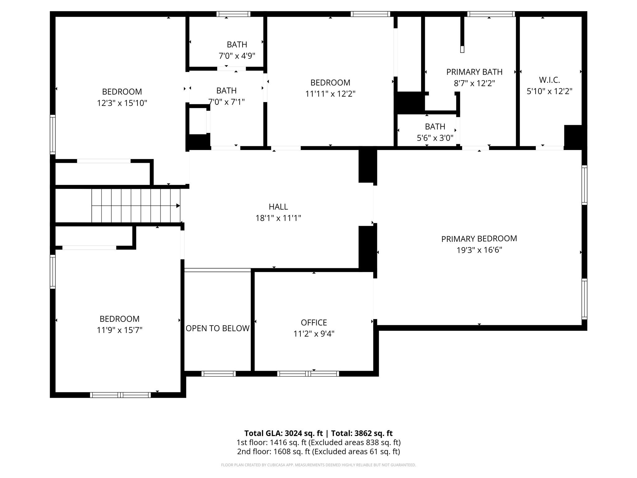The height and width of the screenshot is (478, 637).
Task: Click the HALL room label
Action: pyautogui.click(x=278, y=207)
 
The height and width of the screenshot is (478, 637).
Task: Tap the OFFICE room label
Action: pyautogui.click(x=314, y=322)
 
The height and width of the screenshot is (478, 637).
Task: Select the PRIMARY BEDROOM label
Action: pyautogui.click(x=479, y=239)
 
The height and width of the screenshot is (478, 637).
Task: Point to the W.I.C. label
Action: pyautogui.click(x=550, y=80)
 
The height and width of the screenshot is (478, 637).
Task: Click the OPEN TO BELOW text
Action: pyautogui.click(x=218, y=328)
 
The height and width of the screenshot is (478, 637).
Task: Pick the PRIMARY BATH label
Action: pyautogui.click(x=474, y=72)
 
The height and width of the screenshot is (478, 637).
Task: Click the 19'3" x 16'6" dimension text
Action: pyautogui.click(x=479, y=250)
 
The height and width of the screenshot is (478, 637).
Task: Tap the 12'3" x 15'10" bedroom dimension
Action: pyautogui.click(x=122, y=103)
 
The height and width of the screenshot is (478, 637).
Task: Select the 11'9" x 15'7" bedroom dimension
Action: pyautogui.click(x=119, y=330)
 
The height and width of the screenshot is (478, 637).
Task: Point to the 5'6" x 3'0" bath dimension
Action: pyautogui.click(x=435, y=138)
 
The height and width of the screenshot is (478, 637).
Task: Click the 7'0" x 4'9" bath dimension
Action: pyautogui.click(x=237, y=56)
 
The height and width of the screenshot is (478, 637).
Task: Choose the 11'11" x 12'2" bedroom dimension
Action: pyautogui.click(x=330, y=94)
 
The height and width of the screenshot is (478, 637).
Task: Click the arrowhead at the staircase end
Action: pyautogui.click(x=178, y=206)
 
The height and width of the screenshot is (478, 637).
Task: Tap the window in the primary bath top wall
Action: pyautogui.click(x=491, y=14)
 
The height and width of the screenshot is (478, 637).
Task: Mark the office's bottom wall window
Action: pyautogui.click(x=308, y=374)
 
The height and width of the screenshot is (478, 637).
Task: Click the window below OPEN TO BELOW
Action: pyautogui.click(x=218, y=374)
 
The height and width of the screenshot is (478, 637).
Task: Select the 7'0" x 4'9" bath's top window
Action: pyautogui.click(x=234, y=14)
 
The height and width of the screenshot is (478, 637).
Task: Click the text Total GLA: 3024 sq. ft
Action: pyautogui.click(x=284, y=433)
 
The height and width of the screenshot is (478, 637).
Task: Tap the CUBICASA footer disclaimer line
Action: pyautogui.click(x=318, y=465)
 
